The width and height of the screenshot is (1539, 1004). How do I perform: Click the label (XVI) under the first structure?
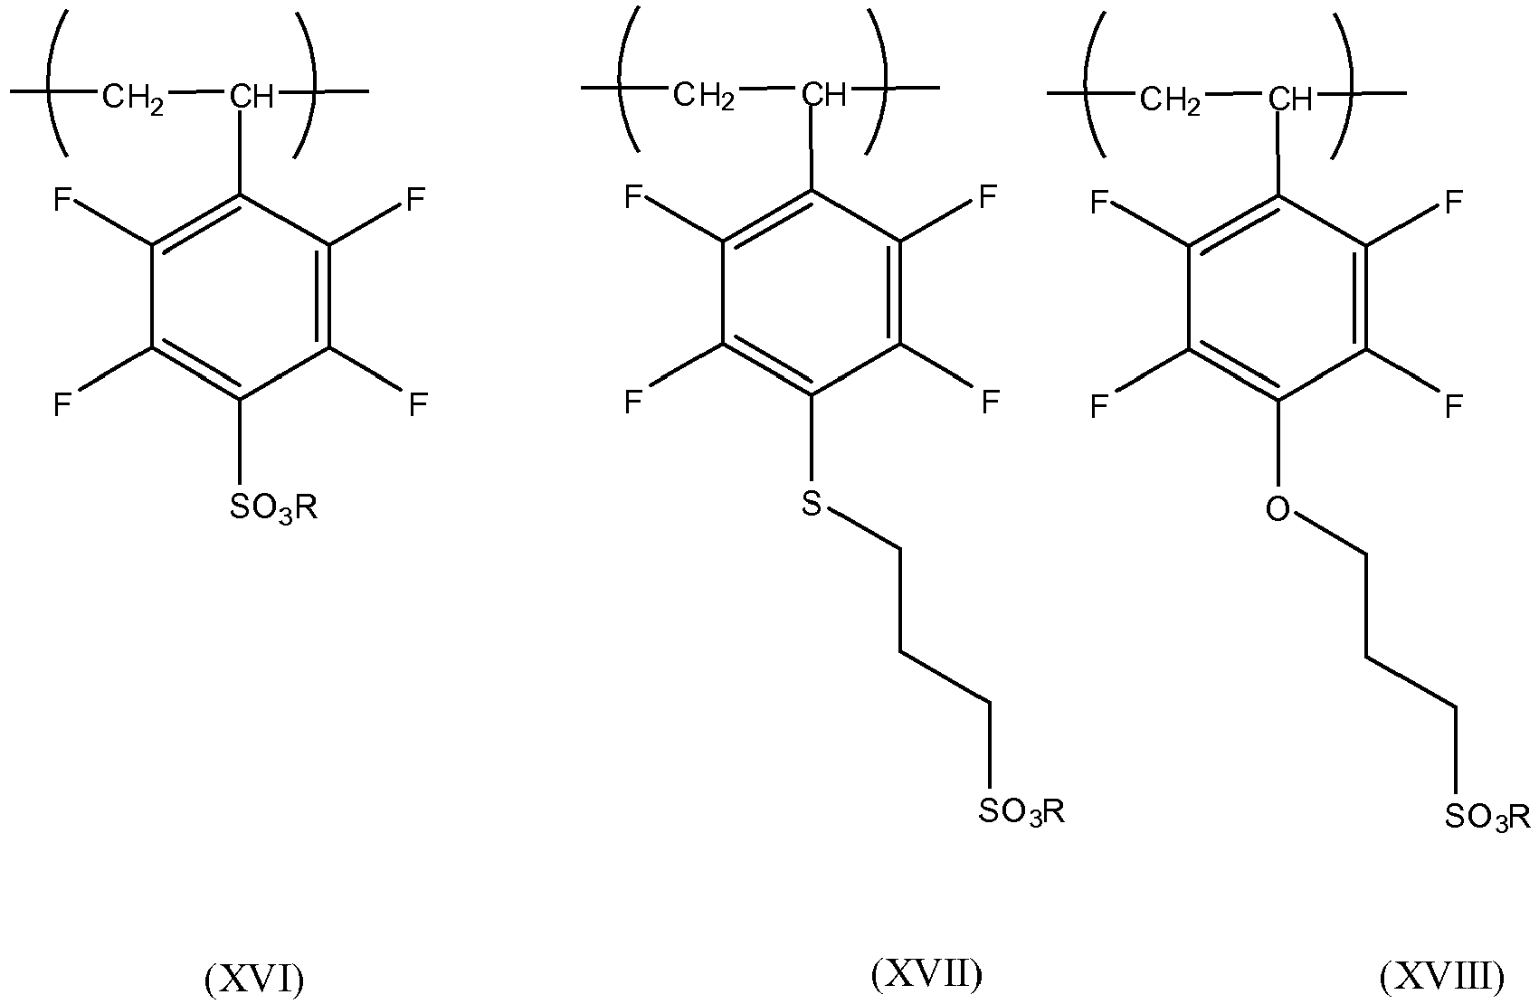(254, 980)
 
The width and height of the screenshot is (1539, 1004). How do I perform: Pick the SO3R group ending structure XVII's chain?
(1022, 811)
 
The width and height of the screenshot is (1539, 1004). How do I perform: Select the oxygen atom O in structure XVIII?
(1278, 509)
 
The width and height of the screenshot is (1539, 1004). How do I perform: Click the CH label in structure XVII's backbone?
(824, 96)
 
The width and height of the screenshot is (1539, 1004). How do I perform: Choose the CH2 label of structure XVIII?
(1171, 101)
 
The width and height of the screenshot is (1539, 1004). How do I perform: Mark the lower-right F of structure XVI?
(418, 404)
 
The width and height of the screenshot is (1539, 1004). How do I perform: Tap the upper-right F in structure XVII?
(987, 197)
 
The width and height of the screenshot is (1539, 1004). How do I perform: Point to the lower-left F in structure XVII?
(632, 402)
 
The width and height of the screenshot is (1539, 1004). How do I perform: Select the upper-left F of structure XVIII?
(1099, 203)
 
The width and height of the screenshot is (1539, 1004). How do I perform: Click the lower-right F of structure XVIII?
(1453, 406)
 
